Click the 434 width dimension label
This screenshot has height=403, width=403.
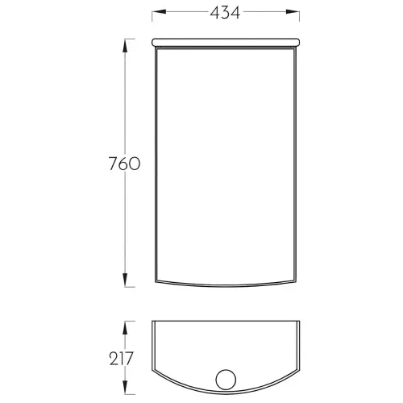(225, 13)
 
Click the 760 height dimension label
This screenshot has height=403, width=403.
(124, 164)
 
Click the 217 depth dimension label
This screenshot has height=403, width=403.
(121, 359)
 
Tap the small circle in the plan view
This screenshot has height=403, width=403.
(226, 380)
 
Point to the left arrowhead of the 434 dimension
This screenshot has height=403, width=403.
(159, 12)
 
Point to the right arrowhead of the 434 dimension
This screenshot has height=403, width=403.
(293, 12)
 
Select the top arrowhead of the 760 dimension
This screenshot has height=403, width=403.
(125, 46)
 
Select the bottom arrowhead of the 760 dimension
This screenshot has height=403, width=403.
(125, 280)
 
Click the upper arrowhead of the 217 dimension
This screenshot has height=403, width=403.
(125, 328)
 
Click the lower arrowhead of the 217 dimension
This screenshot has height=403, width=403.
(125, 387)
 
